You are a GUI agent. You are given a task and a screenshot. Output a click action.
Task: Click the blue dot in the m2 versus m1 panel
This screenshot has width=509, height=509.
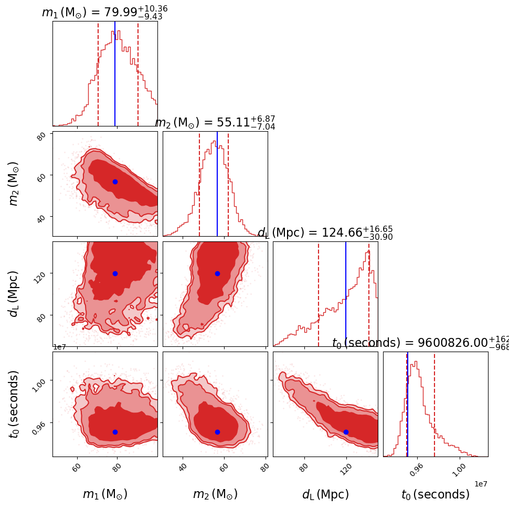point(115,182)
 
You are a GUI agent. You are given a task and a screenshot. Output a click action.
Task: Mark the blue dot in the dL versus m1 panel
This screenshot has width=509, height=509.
point(115,273)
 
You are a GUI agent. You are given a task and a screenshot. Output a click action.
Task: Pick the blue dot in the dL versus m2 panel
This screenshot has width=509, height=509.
point(217,273)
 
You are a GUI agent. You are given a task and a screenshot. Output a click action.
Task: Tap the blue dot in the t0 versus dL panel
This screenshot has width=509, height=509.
point(346,432)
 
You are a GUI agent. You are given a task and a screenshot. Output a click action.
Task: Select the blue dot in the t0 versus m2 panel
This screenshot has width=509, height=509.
point(217,432)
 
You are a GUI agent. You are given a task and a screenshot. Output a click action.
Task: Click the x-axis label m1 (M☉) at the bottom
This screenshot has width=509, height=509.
point(105,494)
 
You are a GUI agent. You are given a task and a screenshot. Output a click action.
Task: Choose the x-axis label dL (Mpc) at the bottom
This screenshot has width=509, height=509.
point(325,494)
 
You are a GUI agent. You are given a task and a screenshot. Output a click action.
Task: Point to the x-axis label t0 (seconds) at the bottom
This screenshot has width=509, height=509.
point(436,494)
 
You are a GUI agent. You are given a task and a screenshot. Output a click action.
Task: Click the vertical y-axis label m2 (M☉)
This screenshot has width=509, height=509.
point(15,183)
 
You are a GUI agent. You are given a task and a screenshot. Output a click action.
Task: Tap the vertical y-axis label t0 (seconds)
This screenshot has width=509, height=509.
point(15,404)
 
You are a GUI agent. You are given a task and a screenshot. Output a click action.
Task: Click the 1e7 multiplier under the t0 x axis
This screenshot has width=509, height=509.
point(481,483)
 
